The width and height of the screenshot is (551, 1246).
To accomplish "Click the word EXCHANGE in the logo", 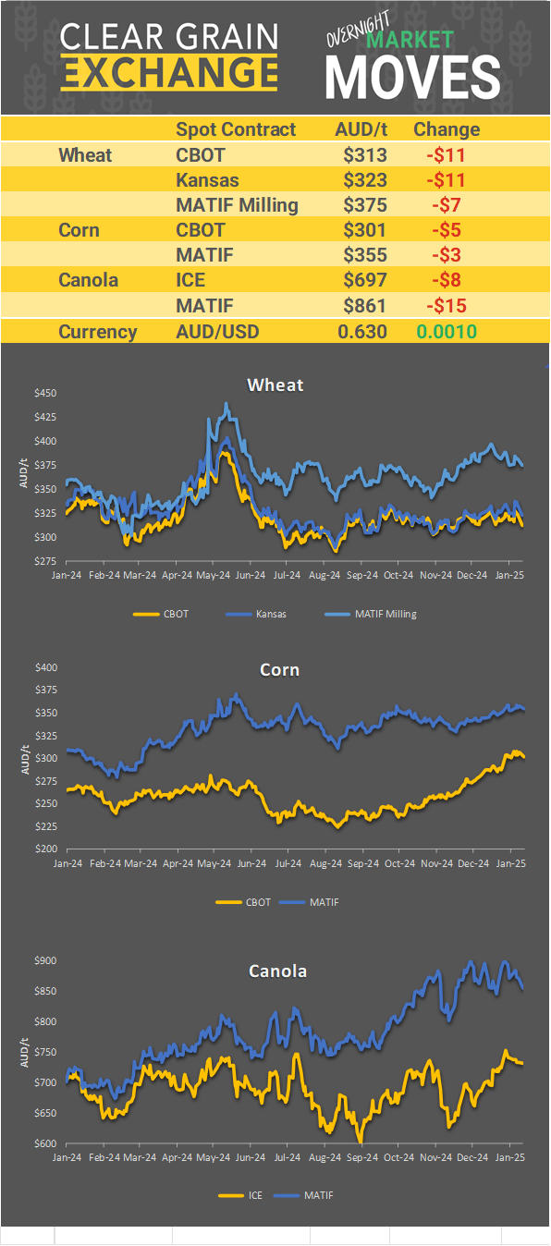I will (169, 71).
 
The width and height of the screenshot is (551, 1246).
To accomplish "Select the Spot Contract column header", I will (236, 129).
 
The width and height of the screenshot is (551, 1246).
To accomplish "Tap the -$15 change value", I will (446, 305).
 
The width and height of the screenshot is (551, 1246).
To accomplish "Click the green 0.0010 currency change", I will (446, 332).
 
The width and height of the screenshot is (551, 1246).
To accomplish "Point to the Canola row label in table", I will (88, 279).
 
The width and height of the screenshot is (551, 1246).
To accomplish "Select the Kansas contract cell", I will (207, 180).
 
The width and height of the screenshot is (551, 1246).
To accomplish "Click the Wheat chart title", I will (275, 385).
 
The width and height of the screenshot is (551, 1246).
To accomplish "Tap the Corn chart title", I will (279, 669).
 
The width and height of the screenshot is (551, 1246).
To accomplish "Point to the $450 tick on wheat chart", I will (45, 393).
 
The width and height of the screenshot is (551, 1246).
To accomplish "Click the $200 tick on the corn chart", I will (45, 849).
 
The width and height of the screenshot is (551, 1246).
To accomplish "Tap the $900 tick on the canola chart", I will (45, 960).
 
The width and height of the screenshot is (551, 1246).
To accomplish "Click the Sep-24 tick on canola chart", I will (361, 1156).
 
